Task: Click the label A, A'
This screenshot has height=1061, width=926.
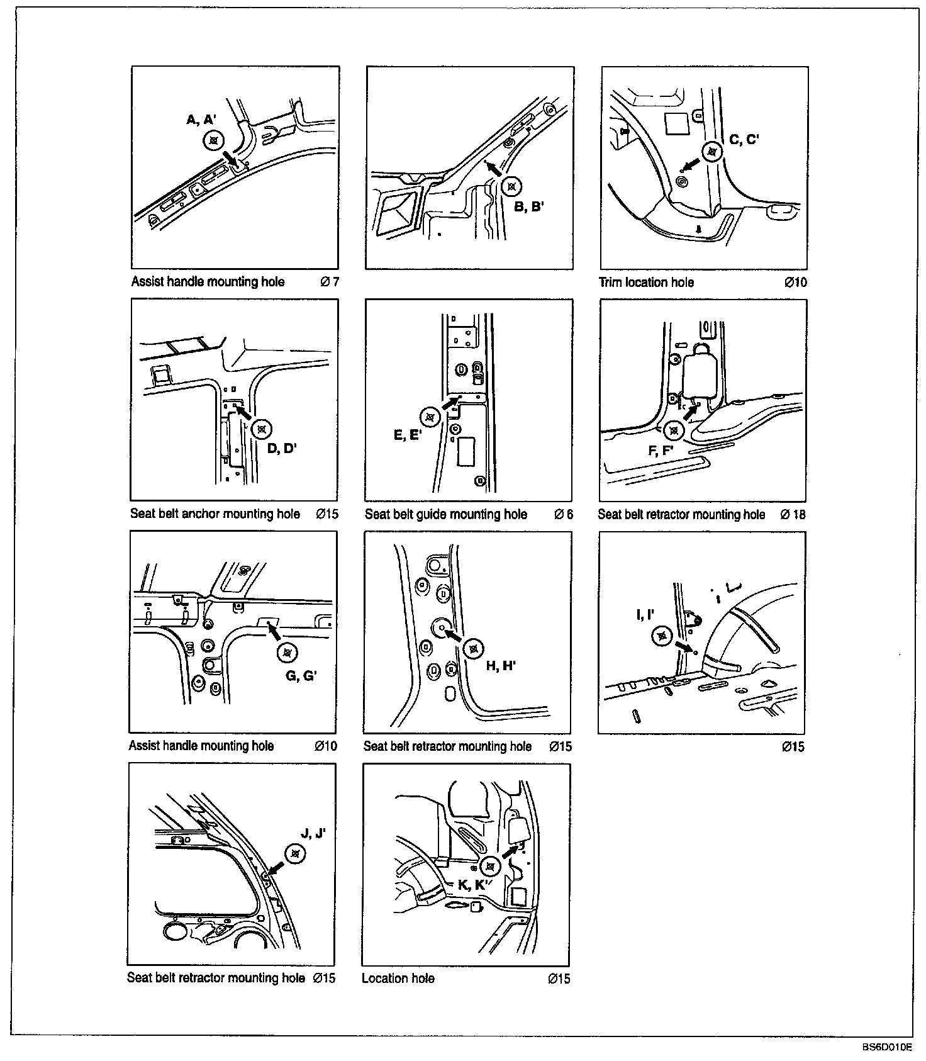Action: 201,120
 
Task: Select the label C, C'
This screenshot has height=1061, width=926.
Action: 744,140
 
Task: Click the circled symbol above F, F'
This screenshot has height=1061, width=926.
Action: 674,430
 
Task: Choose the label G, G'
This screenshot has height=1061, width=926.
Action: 301,675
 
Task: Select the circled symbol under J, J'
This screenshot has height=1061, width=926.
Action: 294,853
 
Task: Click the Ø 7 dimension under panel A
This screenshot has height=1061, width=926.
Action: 330,282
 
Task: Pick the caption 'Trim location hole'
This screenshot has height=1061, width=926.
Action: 646,283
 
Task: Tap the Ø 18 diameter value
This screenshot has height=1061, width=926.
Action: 793,514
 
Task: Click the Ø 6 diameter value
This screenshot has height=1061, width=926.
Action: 564,514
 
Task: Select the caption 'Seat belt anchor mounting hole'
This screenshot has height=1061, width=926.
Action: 215,514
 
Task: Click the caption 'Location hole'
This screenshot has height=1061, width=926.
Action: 398,978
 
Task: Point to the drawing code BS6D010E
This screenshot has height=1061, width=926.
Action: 887,1047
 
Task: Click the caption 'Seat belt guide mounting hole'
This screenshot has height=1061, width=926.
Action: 446,514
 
